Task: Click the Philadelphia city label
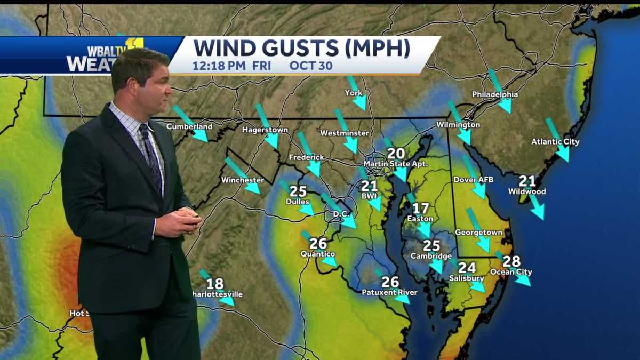tap(494, 94)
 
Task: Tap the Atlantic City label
tap(555, 142)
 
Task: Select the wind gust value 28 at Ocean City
tap(511, 261)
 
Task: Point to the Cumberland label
tap(189, 126)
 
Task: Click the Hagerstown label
tap(265, 130)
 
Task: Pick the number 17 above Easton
tap(420, 209)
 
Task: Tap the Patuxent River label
tap(389, 292)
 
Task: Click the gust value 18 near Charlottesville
tap(215, 284)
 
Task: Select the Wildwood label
tap(526, 191)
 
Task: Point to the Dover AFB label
tap(473, 180)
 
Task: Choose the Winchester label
tap(242, 180)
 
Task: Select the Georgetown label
tap(478, 233)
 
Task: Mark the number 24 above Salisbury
tap(467, 268)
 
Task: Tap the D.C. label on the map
tap(341, 214)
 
